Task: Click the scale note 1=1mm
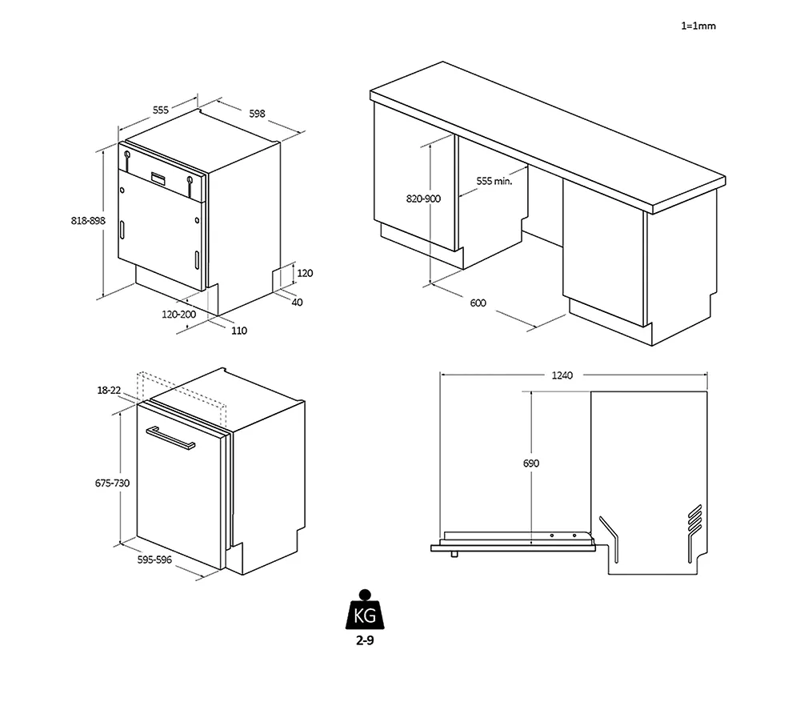pyautogui.click(x=698, y=26)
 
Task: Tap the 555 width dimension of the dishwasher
pyautogui.click(x=160, y=110)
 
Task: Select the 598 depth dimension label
pyautogui.click(x=257, y=114)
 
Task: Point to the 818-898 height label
pyautogui.click(x=88, y=220)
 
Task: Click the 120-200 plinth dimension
pyautogui.click(x=178, y=314)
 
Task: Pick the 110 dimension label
pyautogui.click(x=238, y=331)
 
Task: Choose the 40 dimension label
pyautogui.click(x=297, y=303)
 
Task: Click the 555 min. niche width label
pyautogui.click(x=494, y=181)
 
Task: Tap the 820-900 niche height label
pyautogui.click(x=423, y=199)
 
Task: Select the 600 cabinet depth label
pyautogui.click(x=478, y=303)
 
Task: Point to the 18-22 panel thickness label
pyautogui.click(x=109, y=391)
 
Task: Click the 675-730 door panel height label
pyautogui.click(x=112, y=483)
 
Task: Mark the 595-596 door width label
pyautogui.click(x=154, y=560)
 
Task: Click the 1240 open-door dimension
pyautogui.click(x=562, y=375)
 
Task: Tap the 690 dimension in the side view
pyautogui.click(x=531, y=463)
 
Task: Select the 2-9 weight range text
pyautogui.click(x=365, y=640)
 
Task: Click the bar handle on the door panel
pyautogui.click(x=170, y=438)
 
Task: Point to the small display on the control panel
pyautogui.click(x=158, y=179)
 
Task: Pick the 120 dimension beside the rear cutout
pyautogui.click(x=305, y=273)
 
